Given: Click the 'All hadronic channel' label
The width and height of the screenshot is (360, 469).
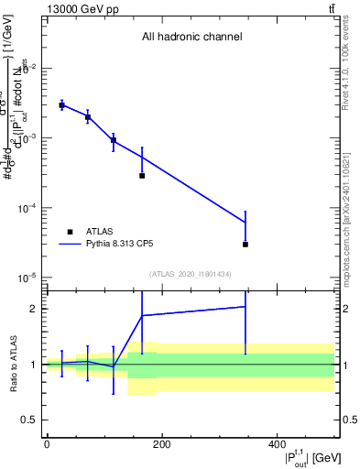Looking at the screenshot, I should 191,38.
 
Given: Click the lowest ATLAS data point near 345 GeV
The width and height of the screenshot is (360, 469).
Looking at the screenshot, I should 245,245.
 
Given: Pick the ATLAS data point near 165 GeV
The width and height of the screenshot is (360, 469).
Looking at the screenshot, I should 142,175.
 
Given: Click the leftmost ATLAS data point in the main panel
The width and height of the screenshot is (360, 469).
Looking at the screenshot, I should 61,105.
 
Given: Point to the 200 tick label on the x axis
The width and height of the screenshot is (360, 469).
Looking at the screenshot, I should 161,444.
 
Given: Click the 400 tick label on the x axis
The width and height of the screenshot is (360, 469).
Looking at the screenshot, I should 277,444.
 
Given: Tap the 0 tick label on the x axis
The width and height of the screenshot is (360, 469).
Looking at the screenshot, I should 47,444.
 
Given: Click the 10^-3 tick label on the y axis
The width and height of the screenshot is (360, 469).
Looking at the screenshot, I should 28,138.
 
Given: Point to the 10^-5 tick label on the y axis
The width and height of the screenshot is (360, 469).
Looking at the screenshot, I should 28,278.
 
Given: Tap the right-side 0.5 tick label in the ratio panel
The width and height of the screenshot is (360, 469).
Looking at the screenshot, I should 349,420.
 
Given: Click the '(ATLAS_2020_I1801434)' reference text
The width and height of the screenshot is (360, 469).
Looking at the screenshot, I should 191,274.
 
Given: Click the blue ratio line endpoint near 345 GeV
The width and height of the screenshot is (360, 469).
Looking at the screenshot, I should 245,307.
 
